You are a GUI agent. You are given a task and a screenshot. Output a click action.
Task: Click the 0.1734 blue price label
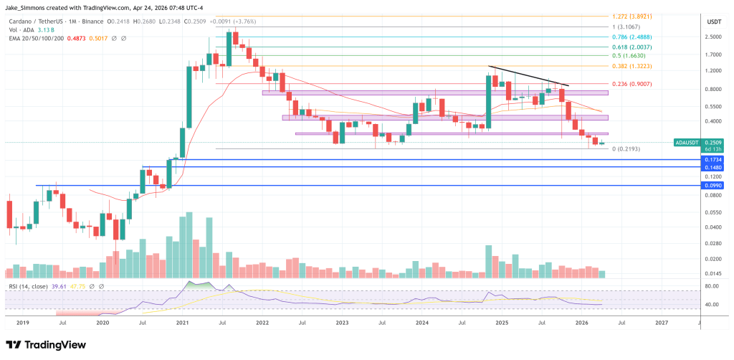[x=712, y=159]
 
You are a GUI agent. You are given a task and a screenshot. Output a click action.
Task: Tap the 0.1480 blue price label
[x=712, y=167]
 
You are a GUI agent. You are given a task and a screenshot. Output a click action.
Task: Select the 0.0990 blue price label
[x=712, y=185]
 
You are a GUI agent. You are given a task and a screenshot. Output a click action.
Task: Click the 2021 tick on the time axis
[x=182, y=323]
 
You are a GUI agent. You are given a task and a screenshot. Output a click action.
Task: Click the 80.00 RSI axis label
[x=712, y=287]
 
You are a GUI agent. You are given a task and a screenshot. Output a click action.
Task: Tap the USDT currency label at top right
[x=712, y=22]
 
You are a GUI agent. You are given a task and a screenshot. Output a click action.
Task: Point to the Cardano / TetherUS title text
[x=36, y=21]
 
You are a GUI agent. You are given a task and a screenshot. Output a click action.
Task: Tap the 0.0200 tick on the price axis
[x=712, y=260]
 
